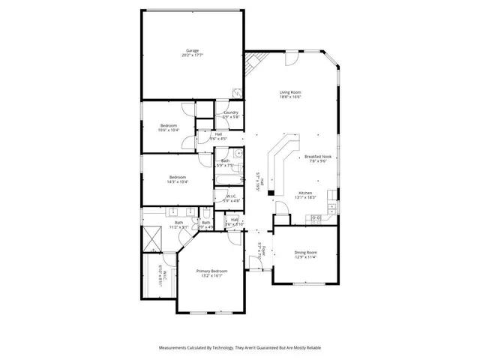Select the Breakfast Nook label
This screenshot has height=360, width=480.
click(x=317, y=157)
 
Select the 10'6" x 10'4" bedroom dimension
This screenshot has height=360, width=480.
click(x=168, y=130)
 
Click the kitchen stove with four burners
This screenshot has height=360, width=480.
click(x=316, y=218)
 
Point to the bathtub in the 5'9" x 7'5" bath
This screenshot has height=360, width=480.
click(x=226, y=178)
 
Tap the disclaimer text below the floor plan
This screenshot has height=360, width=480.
click(x=239, y=348)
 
